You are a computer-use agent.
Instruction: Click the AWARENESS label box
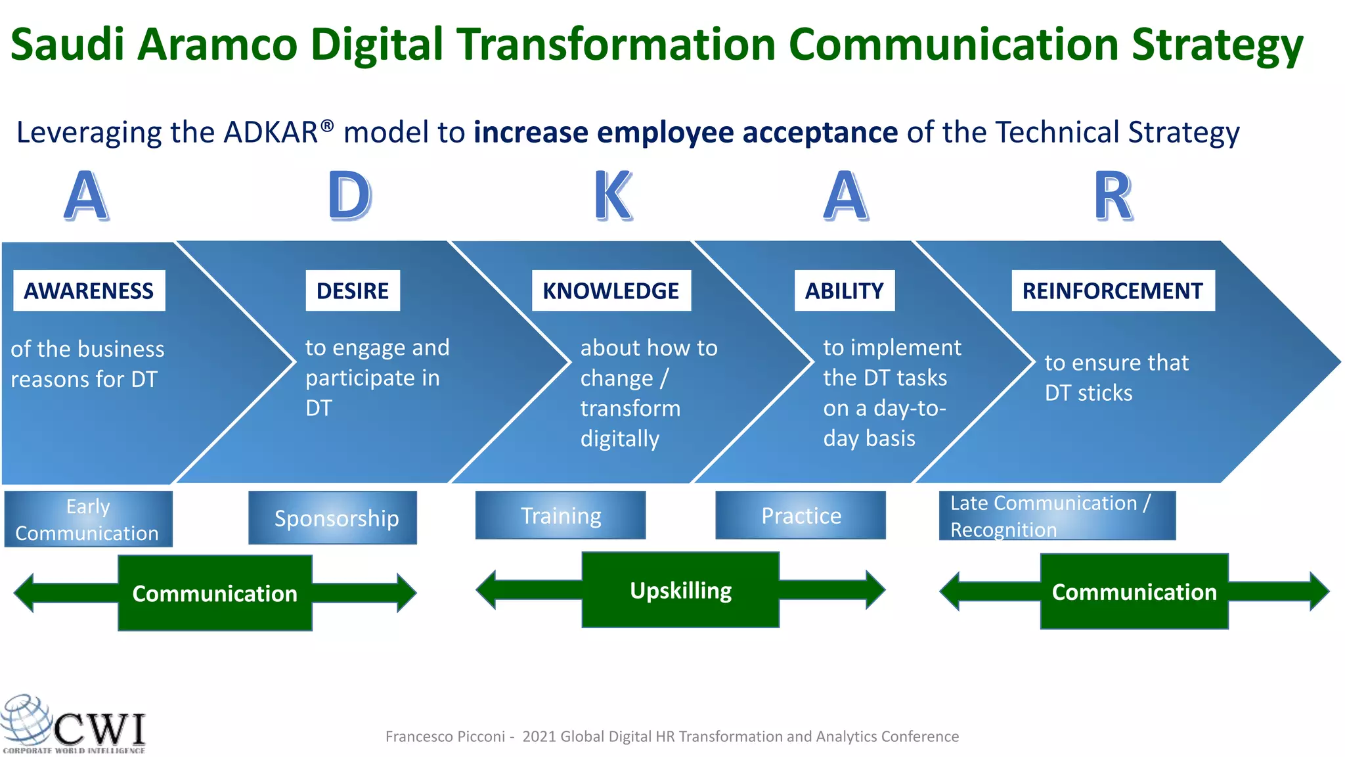(89, 290)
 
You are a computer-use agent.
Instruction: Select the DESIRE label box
(353, 290)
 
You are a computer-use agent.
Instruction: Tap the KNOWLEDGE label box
(611, 290)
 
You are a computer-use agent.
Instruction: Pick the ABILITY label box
(845, 290)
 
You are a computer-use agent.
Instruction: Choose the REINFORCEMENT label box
(1113, 290)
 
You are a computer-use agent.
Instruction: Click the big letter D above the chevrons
(349, 196)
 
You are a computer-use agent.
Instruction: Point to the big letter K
(613, 196)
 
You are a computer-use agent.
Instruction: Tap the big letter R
(1113, 196)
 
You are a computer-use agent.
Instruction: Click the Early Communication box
(88, 519)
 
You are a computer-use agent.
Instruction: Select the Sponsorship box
(333, 518)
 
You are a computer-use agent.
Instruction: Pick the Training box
(560, 515)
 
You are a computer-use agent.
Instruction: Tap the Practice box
(801, 515)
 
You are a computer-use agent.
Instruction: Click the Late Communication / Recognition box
(1057, 516)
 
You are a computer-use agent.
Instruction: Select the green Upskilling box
(680, 590)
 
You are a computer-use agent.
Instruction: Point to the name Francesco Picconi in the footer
(445, 737)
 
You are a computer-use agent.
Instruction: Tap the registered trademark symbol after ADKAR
(327, 125)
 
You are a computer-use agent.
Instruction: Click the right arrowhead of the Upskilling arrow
(875, 589)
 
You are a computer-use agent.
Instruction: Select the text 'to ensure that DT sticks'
(1116, 377)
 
